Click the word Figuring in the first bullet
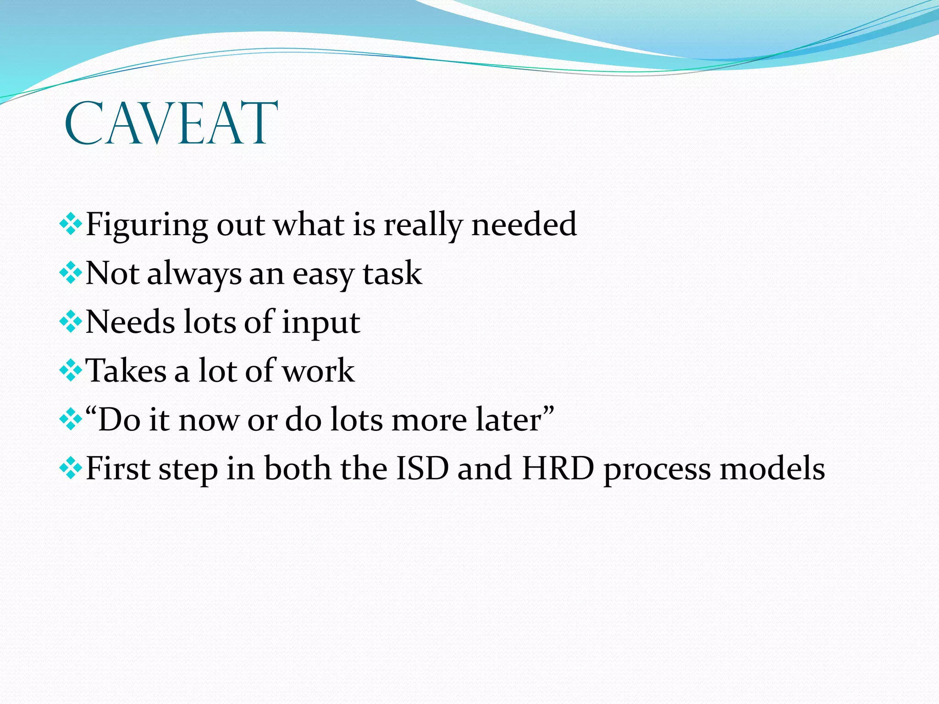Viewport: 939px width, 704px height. coord(146,225)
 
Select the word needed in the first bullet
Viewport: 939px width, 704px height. coord(524,224)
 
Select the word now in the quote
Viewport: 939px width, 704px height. coord(208,421)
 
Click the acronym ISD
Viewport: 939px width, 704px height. coord(422,468)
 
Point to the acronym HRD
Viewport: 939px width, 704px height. coord(558,468)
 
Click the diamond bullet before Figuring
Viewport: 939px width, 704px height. coord(71,225)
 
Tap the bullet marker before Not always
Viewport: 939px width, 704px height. coord(71,274)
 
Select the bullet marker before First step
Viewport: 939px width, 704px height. coord(71,469)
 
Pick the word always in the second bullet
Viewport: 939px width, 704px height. coord(194,274)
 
